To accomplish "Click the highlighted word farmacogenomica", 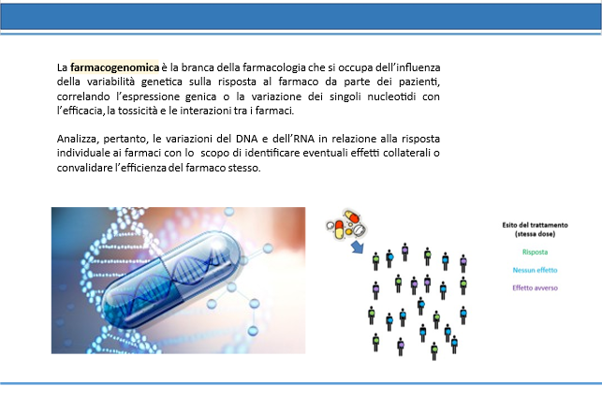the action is (114, 67).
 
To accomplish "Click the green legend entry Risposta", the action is (535, 252).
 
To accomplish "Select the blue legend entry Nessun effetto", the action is (535, 270).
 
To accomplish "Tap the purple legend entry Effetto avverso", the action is (535, 288).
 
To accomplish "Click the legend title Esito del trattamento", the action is (535, 225).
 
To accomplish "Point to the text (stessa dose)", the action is (535, 234).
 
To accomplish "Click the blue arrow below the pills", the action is (358, 247).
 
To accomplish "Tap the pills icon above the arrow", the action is (346, 224).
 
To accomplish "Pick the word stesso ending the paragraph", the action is (244, 168).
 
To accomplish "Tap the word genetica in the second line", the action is (162, 82).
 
